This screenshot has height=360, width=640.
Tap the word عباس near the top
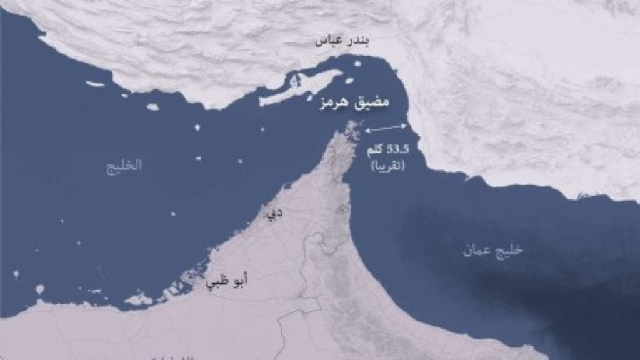click(x=331, y=42)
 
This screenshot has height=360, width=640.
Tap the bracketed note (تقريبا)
click(x=387, y=167)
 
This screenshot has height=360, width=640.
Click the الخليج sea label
click(x=123, y=165)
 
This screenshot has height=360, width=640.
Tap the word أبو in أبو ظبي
click(x=237, y=282)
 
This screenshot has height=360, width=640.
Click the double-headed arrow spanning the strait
click(x=386, y=129)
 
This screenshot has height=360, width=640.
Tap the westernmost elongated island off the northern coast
click(x=95, y=83)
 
